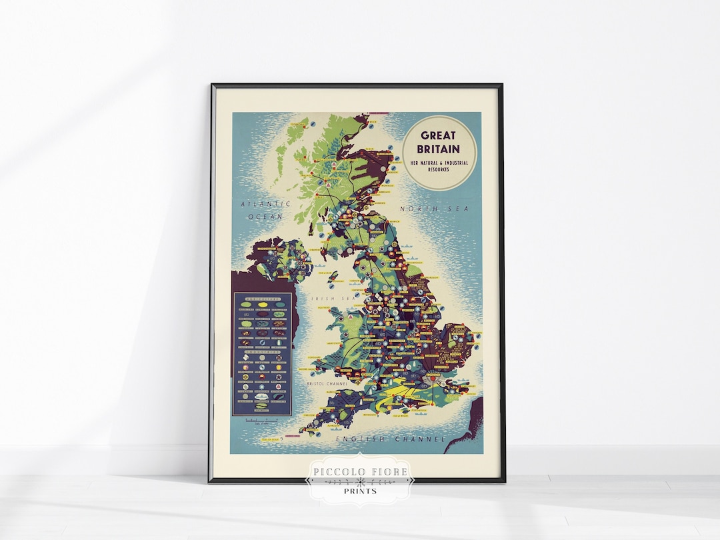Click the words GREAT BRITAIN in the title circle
click(x=439, y=141)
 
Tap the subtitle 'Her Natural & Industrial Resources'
click(x=439, y=165)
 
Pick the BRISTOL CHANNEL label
click(x=325, y=384)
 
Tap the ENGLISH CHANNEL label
click(x=390, y=439)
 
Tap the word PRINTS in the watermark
click(x=359, y=491)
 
